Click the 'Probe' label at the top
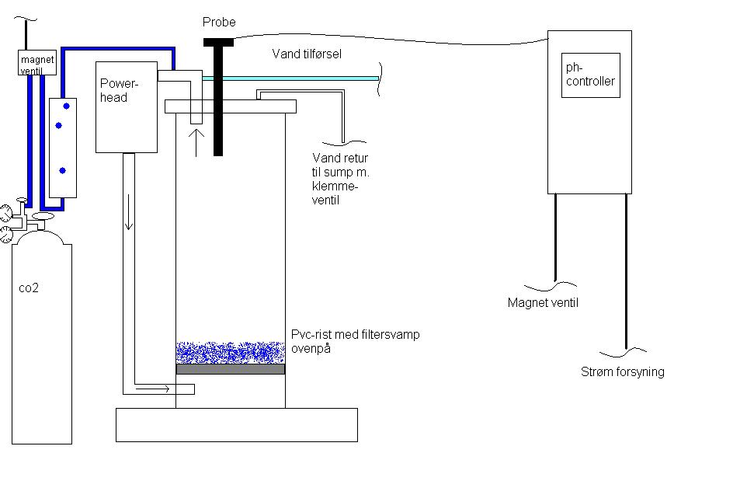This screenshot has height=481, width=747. coord(219,23)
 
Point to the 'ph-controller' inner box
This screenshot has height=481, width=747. coord(591,75)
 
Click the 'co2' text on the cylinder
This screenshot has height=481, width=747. coord(29,288)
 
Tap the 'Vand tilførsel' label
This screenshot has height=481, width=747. coord(307,54)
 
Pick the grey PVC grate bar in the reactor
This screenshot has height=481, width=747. coord(231,369)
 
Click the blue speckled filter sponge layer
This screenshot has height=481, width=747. coord(231,353)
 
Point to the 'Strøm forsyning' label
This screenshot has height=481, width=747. coord(623,372)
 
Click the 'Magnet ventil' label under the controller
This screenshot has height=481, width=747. coord(543,303)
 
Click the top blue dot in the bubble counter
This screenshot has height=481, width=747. coord(67,105)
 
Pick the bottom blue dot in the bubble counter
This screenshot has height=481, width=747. coord(62,170)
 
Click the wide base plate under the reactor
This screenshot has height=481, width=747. coord(237,424)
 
